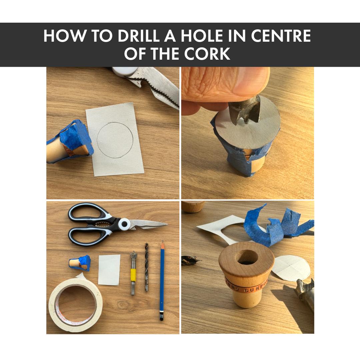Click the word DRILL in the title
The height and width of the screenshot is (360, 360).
138,36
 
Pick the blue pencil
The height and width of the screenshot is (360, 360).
162,280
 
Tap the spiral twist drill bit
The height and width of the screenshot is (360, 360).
146,267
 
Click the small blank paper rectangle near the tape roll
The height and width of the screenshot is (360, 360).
109,269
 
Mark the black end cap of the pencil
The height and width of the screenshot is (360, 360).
162,317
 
